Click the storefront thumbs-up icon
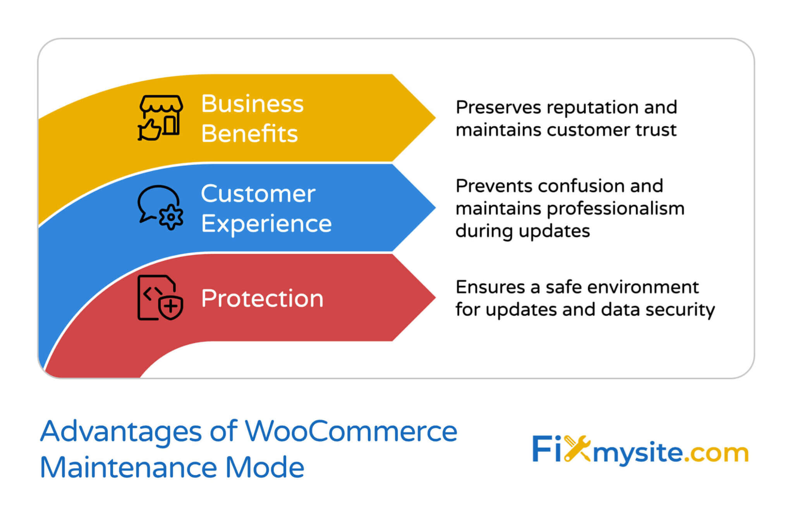tap(160, 118)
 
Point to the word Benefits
tap(249, 133)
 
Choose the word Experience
tap(266, 224)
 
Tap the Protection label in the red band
tap(262, 298)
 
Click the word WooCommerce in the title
tap(351, 431)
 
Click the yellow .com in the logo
tap(716, 452)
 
